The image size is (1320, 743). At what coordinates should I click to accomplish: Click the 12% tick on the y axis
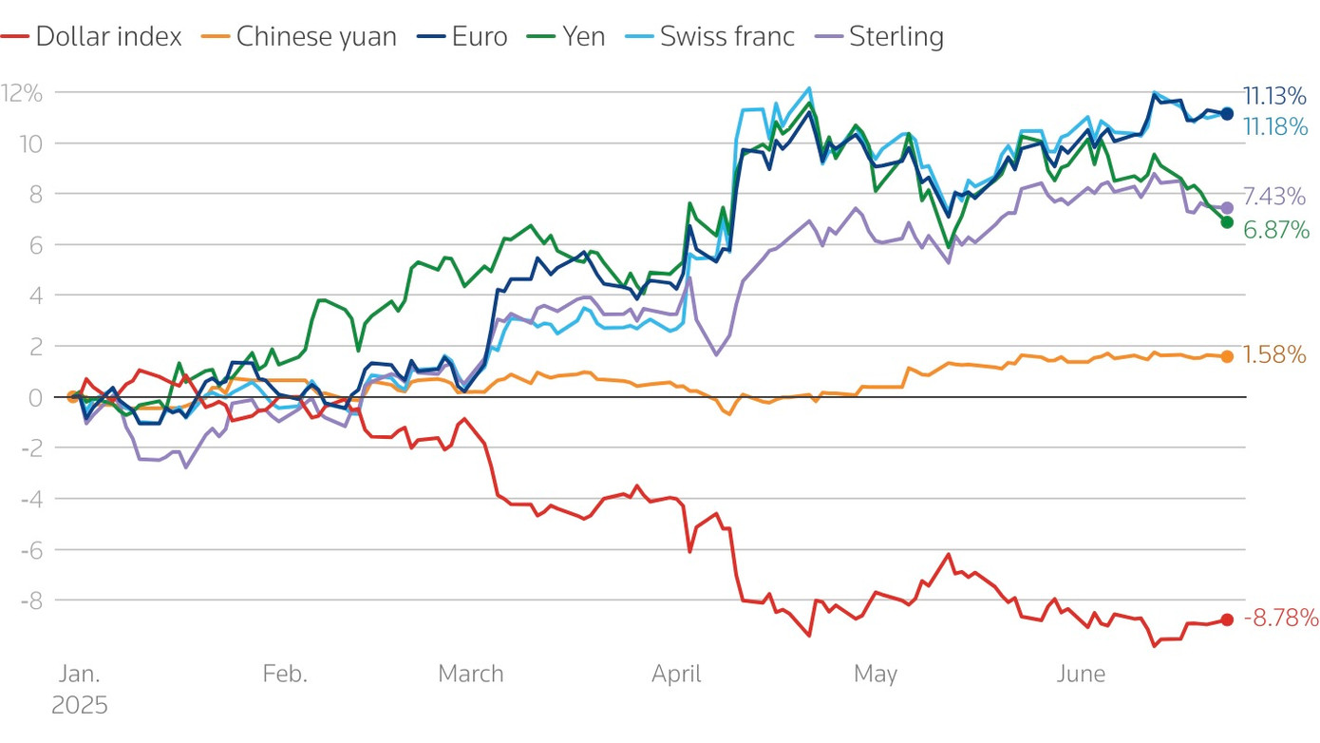point(22,93)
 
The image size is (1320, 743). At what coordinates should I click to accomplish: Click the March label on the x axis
point(470,675)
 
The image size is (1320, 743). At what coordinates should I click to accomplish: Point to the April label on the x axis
point(676,675)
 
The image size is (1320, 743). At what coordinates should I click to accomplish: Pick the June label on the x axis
point(1081,675)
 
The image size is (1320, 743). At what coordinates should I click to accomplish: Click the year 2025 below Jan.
point(80,706)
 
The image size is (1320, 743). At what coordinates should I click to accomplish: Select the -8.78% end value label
point(1280,619)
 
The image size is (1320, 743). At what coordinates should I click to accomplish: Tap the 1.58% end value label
point(1274,355)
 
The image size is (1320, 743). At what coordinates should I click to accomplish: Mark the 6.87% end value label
point(1275,230)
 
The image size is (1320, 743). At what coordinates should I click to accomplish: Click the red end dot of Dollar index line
point(1227,619)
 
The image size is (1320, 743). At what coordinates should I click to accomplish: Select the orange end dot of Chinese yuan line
point(1227,356)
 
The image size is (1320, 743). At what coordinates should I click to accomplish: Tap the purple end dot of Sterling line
point(1227,207)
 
